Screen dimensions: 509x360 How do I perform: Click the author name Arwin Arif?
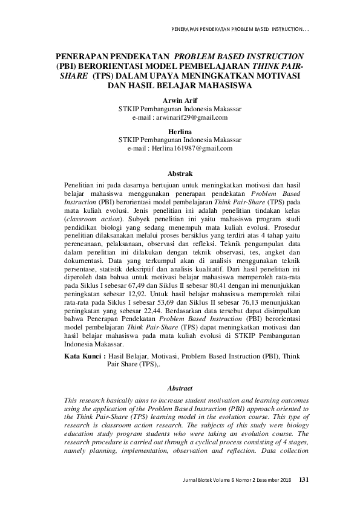point(180,100)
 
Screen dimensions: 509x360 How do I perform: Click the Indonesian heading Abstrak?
point(180,173)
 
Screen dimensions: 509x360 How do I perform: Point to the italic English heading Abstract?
point(180,388)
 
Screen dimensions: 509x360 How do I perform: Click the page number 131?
point(304,480)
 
